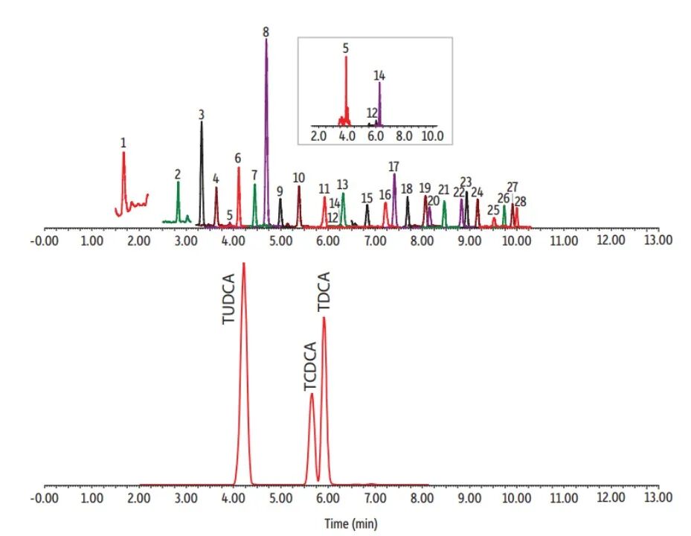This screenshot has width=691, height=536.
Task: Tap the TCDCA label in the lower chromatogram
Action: click(310, 367)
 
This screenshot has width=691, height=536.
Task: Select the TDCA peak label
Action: click(324, 293)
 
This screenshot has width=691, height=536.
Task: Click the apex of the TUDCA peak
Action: click(243, 264)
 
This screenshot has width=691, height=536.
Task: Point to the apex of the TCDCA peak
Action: click(312, 394)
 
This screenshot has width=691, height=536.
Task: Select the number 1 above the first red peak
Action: click(123, 141)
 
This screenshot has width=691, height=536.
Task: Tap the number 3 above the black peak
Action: click(202, 115)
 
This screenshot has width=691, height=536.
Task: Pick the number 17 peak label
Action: click(393, 166)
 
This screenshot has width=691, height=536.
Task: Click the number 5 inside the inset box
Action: click(346, 48)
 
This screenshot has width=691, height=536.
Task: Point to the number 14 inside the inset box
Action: click(379, 75)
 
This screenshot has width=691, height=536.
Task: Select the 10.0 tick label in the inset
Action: click(432, 137)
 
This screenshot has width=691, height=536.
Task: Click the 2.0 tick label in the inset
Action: click(318, 137)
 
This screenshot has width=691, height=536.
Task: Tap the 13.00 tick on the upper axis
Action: click(658, 240)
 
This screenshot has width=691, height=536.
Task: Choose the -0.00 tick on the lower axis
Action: click(45, 497)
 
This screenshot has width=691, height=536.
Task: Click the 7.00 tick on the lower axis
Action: click(375, 497)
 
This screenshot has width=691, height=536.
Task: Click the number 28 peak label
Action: click(520, 202)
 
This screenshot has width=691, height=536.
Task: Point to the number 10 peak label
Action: click(298, 178)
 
